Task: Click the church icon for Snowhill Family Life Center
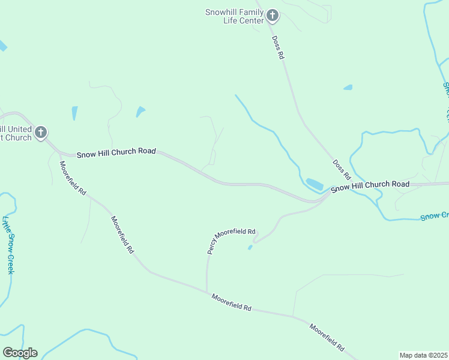tap(272, 16)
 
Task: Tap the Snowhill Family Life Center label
tap(234, 16)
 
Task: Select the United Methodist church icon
tap(41, 132)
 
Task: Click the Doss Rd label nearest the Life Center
tap(277, 47)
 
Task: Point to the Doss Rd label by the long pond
tap(342, 169)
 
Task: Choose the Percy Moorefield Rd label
tap(232, 241)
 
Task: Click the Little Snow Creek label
tap(8, 245)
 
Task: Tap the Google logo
tap(20, 353)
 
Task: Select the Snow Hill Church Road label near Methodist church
tap(116, 152)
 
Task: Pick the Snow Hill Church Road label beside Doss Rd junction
tap(370, 185)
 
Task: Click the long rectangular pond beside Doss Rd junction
tap(314, 183)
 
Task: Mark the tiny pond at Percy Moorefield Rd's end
tap(250, 247)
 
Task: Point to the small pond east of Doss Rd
tap(348, 88)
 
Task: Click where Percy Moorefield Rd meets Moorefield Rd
tap(207, 293)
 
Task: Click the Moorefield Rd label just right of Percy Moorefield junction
tap(231, 302)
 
